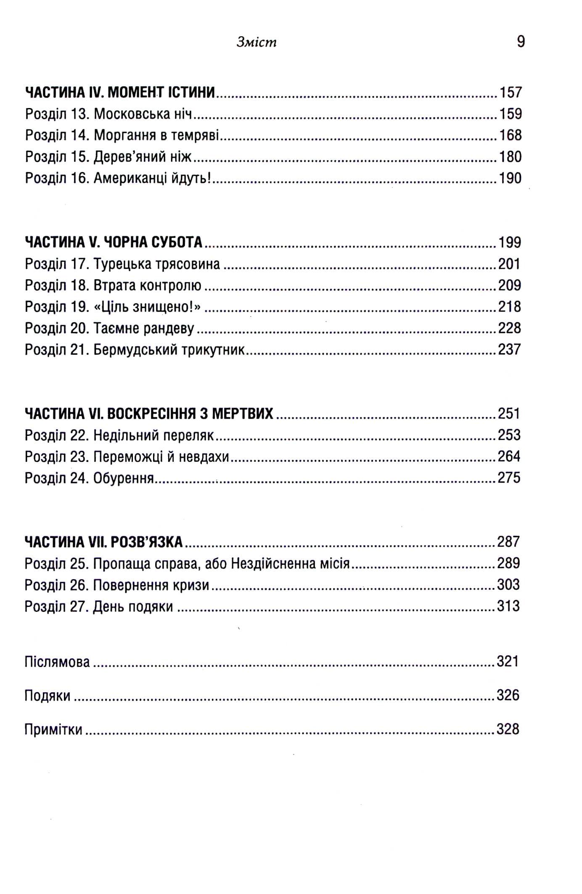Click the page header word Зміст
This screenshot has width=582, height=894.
[x=256, y=42]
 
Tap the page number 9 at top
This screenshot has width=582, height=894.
[x=521, y=42]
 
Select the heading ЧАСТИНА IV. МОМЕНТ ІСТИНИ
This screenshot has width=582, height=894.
[x=120, y=92]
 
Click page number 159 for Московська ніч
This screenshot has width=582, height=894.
[x=510, y=114]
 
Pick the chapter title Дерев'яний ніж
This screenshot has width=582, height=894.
[x=142, y=157]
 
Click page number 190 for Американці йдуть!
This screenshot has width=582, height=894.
[x=510, y=178]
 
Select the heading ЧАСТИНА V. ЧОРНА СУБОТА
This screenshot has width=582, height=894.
[x=114, y=243]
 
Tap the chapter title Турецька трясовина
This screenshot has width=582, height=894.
[x=156, y=264]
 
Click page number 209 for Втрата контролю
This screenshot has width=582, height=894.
[x=509, y=285]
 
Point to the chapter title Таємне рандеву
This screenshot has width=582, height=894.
[x=144, y=328]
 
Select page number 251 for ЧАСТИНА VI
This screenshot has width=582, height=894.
[x=509, y=414]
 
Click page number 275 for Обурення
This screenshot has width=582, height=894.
[x=509, y=478]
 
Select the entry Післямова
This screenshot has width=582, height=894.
[x=57, y=662]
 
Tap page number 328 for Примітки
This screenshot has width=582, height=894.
[x=508, y=729]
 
